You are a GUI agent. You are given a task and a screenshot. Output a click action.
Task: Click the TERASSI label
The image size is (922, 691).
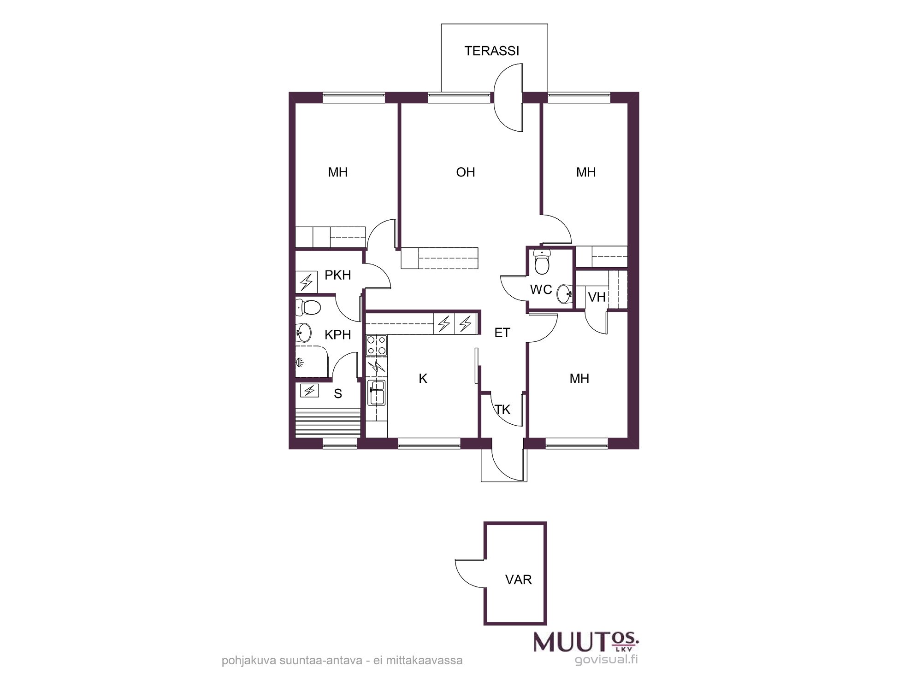click(x=491, y=51)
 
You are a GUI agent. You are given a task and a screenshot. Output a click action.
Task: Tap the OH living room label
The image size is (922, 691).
click(x=465, y=172)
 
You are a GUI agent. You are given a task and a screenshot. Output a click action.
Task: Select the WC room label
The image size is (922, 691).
click(x=541, y=290)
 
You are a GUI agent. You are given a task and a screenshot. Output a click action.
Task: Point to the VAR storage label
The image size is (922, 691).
click(x=518, y=580)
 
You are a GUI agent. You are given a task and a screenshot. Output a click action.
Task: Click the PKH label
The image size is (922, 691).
click(x=337, y=275)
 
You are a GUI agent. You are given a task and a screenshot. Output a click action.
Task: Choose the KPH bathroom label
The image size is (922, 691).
click(x=337, y=335)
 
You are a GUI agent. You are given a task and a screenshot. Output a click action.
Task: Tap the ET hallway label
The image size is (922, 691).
click(x=502, y=333)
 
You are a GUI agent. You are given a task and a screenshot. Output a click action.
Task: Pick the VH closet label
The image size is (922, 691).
click(x=597, y=297)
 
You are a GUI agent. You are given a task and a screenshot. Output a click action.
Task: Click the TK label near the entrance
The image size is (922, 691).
click(x=502, y=410)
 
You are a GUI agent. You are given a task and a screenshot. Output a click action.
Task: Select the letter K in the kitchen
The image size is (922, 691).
click(x=423, y=379)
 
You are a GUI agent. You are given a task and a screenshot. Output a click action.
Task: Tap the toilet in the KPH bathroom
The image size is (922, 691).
click(x=308, y=307)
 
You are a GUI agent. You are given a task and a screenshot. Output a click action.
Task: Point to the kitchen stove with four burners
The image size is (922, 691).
click(x=376, y=345)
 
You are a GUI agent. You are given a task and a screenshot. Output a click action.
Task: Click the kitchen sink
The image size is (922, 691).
click(x=377, y=392)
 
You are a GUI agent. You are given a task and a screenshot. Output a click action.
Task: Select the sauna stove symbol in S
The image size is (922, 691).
click(x=309, y=391)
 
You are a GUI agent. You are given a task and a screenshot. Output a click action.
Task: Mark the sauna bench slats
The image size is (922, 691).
click(x=328, y=423)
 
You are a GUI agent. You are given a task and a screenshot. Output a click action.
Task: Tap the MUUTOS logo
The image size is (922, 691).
click(x=586, y=642)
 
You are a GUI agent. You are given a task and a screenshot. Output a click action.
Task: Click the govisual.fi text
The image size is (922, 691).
click(x=606, y=660)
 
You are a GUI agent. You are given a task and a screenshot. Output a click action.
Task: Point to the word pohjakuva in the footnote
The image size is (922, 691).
click(x=249, y=661)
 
